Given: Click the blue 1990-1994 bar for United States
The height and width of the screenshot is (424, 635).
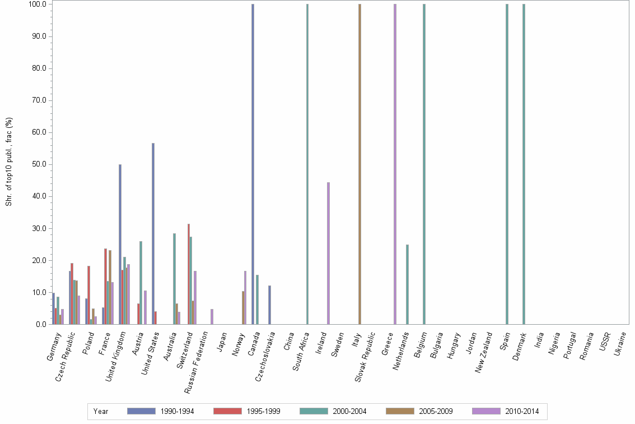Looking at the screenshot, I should click(153, 233).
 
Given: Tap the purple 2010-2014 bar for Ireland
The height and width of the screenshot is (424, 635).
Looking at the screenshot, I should click(328, 253).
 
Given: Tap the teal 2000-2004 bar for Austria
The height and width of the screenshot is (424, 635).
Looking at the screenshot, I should click(141, 283).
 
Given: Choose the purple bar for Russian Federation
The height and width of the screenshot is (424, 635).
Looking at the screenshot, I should click(212, 316).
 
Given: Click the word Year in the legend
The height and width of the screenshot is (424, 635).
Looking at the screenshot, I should click(101, 411).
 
